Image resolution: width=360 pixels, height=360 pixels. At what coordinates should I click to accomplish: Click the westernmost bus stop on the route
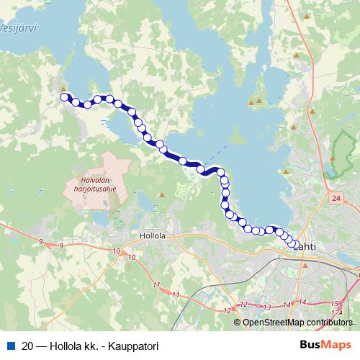(64, 97)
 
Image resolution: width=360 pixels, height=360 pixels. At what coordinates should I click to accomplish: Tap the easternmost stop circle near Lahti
(294, 245)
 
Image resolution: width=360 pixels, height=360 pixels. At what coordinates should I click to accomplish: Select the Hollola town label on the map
(153, 235)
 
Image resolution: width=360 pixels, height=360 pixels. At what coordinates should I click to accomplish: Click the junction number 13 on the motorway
(268, 307)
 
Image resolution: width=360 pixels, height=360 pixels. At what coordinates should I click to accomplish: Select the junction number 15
(333, 303)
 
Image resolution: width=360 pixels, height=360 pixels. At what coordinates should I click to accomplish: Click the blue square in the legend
(10, 345)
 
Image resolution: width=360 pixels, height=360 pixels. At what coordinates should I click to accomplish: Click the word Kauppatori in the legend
(132, 345)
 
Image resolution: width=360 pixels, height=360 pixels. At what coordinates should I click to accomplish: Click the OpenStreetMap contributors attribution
(297, 323)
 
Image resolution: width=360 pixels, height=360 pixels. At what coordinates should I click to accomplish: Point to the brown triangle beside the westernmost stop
(63, 89)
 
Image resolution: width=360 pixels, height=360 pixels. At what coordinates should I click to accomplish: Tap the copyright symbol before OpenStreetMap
(238, 323)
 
